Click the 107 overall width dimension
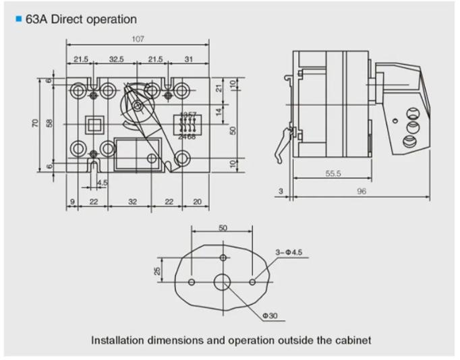(x=138, y=39)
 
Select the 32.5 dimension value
(x=117, y=60)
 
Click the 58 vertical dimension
(x=49, y=124)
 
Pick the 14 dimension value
(x=219, y=114)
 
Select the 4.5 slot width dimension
(x=103, y=183)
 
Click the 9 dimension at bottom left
(x=71, y=202)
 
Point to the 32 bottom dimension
(x=132, y=202)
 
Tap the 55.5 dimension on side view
(x=333, y=173)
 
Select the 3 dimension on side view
(x=280, y=192)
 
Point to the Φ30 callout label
(x=270, y=315)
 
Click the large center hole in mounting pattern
(x=223, y=282)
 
